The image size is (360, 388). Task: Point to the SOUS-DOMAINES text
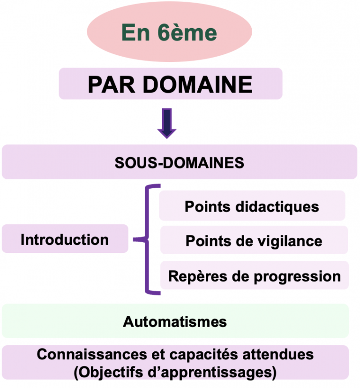click(x=180, y=163)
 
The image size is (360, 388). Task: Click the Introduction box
click(x=65, y=239)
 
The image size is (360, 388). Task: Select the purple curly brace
click(x=148, y=239)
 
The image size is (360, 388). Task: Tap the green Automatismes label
click(x=175, y=322)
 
